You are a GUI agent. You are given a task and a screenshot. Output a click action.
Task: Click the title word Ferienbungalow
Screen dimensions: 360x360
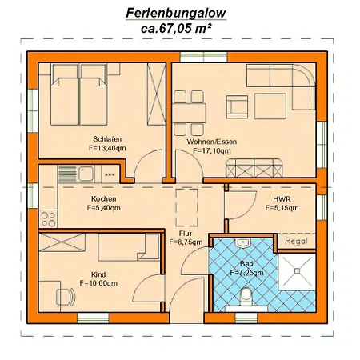[x=176, y=13]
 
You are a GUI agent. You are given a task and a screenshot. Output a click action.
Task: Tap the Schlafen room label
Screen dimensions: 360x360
[x=107, y=139]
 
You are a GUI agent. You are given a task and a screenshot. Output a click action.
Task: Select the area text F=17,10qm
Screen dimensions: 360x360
[x=212, y=151]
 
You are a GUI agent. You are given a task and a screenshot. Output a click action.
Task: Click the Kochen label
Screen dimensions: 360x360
[x=103, y=198]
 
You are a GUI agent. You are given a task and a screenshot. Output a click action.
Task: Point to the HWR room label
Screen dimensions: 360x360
[x=282, y=199]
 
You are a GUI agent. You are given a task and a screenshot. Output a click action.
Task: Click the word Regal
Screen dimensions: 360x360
[x=296, y=241]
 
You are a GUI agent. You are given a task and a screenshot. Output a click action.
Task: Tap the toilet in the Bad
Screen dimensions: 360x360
[x=246, y=298]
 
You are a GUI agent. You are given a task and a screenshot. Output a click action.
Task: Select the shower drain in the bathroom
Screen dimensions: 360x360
[x=298, y=271]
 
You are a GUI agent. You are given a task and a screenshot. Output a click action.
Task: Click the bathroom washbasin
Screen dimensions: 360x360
[x=242, y=242]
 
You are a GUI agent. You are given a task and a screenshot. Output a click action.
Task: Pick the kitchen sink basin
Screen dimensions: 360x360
[x=86, y=174]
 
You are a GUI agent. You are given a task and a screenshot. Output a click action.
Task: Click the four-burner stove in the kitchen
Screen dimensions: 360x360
[x=48, y=218]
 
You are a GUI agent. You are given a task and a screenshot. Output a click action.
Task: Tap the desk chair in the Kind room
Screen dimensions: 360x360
[x=66, y=297]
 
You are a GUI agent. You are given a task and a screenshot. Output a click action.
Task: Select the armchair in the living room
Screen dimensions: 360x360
[x=237, y=107]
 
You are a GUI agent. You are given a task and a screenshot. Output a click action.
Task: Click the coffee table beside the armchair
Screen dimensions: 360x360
[x=270, y=106]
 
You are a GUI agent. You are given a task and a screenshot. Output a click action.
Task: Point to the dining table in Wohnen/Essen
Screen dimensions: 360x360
[x=189, y=113]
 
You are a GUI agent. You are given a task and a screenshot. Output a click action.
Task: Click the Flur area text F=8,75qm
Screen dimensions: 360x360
[x=186, y=242]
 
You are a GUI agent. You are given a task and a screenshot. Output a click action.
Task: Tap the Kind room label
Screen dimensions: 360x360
[x=98, y=274]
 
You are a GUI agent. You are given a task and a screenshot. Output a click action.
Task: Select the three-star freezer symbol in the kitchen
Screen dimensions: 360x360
[x=110, y=175]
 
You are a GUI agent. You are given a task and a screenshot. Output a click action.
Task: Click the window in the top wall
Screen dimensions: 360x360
[x=203, y=57]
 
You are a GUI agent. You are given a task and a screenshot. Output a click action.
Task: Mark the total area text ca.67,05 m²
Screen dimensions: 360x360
[x=176, y=29]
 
